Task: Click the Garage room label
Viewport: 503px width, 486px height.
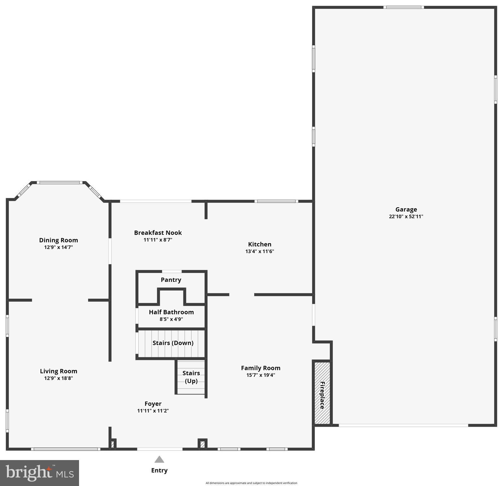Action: pos(406,209)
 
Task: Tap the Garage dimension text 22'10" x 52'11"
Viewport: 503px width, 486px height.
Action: pos(406,216)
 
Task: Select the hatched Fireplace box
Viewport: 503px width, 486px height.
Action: pos(322,393)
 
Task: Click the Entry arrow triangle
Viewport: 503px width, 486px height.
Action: pos(159,459)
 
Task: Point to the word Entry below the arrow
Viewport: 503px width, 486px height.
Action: pos(159,470)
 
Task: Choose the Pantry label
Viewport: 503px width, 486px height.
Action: pos(171,280)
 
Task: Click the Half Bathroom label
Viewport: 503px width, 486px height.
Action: pos(171,312)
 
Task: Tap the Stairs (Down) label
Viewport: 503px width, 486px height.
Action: pos(173,343)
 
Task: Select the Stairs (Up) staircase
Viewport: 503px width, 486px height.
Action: pos(191,377)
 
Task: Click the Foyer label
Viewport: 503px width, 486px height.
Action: pos(153,403)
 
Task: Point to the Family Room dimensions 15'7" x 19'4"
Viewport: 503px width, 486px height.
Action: pos(261,375)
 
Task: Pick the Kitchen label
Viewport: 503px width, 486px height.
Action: pos(260,244)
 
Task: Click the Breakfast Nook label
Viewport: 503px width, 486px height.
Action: pos(158,233)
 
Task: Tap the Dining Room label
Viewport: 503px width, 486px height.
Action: pos(58,240)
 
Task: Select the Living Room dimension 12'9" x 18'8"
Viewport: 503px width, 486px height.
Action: pos(58,378)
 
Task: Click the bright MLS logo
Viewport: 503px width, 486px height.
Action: pos(40,473)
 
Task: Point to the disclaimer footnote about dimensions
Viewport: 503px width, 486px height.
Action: pos(251,483)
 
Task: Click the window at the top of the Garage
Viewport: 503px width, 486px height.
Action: pos(404,7)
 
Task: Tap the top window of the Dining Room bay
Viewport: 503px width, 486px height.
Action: pos(60,182)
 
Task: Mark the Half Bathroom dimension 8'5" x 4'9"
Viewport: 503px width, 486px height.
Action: pos(171,319)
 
